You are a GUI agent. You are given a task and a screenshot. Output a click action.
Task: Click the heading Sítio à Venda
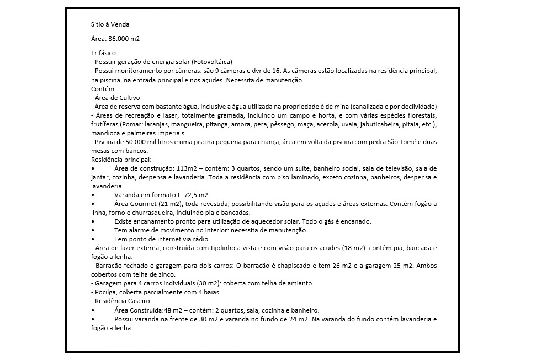point(110,24)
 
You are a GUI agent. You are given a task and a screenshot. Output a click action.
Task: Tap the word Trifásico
point(103,52)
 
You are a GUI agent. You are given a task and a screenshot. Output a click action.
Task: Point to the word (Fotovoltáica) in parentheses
point(212,61)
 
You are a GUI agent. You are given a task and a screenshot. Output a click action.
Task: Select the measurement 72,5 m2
point(195,194)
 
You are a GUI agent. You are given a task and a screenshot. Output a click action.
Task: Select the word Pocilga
point(104,292)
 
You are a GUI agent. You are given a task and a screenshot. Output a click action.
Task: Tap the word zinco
point(166,274)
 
